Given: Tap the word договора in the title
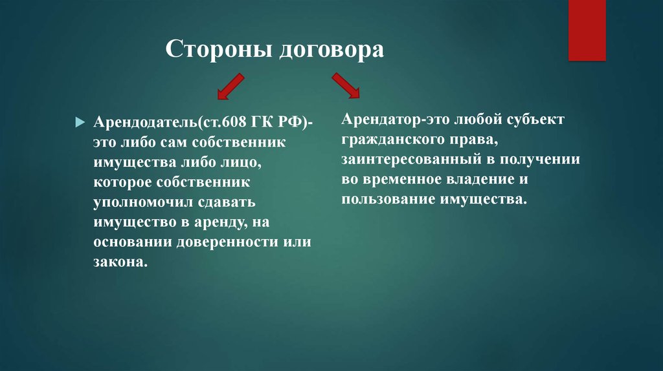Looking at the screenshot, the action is [x=331, y=50].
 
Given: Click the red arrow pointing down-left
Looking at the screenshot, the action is [x=231, y=87].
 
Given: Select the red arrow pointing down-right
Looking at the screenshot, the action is [x=346, y=85].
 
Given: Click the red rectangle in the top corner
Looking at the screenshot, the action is [x=587, y=30].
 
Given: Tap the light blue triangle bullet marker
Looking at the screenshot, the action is [x=80, y=123].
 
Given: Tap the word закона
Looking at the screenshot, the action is [x=120, y=262].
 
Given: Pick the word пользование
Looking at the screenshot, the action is [x=388, y=200].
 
